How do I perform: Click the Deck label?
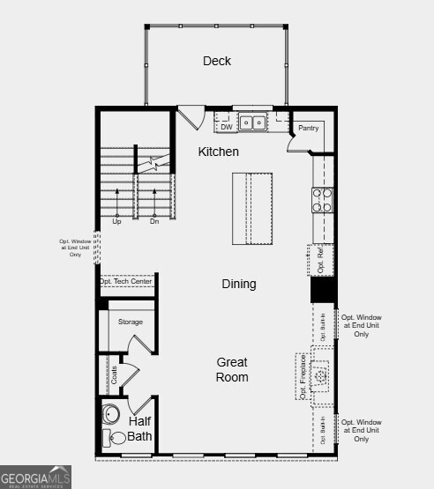[x=217, y=61]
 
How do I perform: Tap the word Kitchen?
[x=218, y=152]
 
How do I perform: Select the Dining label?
[x=238, y=284]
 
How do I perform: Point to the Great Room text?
[x=233, y=370]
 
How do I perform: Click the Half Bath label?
[x=139, y=428]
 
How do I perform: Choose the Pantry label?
[x=308, y=128]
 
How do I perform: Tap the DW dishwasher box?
[x=226, y=126]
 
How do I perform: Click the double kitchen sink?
[x=253, y=123]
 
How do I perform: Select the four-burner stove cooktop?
[x=322, y=201]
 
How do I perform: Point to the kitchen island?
[x=252, y=208]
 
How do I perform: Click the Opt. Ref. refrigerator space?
[x=322, y=259]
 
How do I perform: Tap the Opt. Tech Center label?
[x=126, y=281]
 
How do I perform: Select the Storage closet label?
[x=131, y=322]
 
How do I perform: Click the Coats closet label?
[x=113, y=374]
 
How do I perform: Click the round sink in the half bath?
[x=112, y=413]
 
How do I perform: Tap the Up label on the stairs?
[x=116, y=221]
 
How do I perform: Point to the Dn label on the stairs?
[x=153, y=221]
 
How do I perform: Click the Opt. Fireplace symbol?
[x=322, y=374]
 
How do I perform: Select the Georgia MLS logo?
[x=36, y=476]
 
